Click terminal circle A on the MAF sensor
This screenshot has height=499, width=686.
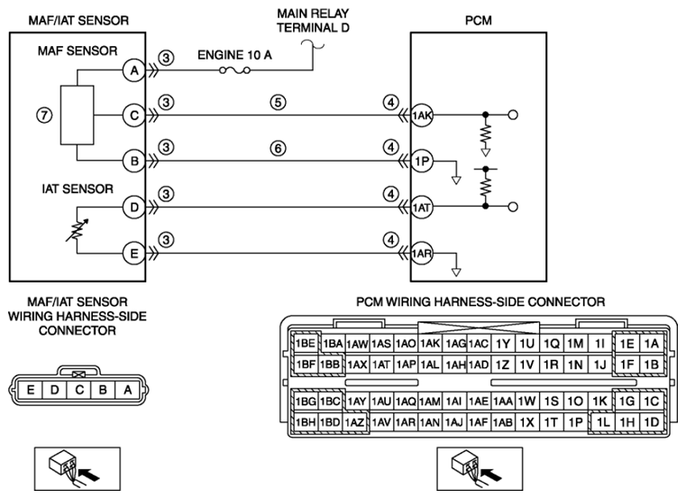pyautogui.click(x=134, y=70)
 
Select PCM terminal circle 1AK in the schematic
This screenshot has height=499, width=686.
pyautogui.click(x=422, y=116)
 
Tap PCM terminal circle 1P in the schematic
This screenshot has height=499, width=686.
pyautogui.click(x=422, y=162)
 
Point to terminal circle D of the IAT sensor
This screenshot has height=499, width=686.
pyautogui.click(x=134, y=207)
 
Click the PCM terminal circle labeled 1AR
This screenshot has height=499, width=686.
pyautogui.click(x=422, y=254)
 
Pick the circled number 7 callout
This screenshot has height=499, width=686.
pyautogui.click(x=44, y=116)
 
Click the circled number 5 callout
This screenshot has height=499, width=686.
pyautogui.click(x=278, y=103)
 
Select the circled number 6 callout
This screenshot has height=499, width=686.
pyautogui.click(x=278, y=149)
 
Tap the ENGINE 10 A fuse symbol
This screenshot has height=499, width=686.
pyautogui.click(x=234, y=69)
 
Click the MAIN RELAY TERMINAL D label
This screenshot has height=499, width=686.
pyautogui.click(x=313, y=21)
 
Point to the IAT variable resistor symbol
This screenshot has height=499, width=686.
pyautogui.click(x=78, y=230)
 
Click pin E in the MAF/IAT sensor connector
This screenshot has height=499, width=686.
pyautogui.click(x=30, y=390)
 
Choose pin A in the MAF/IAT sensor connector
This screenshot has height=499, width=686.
pyautogui.click(x=127, y=390)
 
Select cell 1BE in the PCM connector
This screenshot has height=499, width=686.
pyautogui.click(x=306, y=343)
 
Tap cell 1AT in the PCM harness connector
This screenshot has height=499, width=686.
pyautogui.click(x=381, y=365)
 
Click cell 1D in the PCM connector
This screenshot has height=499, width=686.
pyautogui.click(x=652, y=422)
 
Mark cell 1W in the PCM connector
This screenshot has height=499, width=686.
pyautogui.click(x=526, y=401)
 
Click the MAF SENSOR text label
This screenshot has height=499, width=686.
pyautogui.click(x=78, y=51)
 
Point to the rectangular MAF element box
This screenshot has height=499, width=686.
pyautogui.click(x=77, y=116)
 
